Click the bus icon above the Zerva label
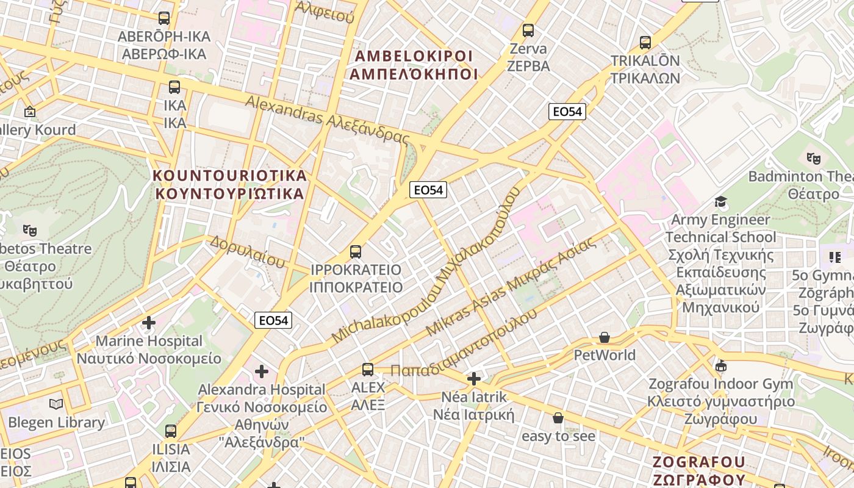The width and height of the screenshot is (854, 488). point(528,30)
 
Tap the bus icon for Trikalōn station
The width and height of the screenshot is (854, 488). point(645,43)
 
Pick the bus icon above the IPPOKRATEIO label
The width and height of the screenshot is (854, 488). point(356,251)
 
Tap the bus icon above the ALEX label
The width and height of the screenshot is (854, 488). point(368,369)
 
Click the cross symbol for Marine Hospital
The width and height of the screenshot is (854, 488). point(149,322)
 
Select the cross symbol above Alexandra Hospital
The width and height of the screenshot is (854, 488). point(262,371)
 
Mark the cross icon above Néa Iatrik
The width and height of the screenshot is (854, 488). point(474,379)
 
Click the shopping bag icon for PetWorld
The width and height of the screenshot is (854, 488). point(605,337)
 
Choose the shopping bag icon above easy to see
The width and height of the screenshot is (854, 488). point(558,418)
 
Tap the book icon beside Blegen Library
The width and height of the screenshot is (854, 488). point(56,404)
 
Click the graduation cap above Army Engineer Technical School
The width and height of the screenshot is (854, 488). point(720,201)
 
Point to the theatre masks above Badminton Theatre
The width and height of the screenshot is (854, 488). point(814,159)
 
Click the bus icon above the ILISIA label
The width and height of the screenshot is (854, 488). point(171,431)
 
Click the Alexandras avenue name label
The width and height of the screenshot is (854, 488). point(327,119)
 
